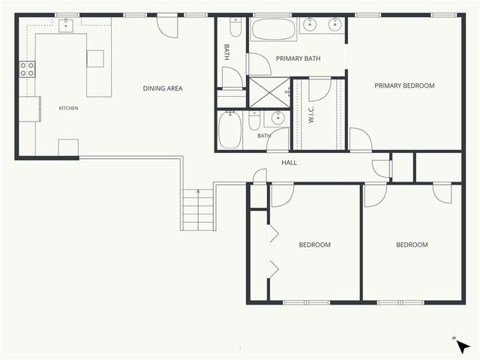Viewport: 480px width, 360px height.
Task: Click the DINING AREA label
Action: click(163, 88)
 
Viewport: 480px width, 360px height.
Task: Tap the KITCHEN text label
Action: click(68, 108)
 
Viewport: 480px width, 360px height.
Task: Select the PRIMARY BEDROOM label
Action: click(404, 85)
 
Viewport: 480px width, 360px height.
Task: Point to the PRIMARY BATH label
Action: click(298, 58)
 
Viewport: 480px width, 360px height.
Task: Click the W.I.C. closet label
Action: click(311, 115)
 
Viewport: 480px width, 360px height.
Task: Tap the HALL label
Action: click(289, 163)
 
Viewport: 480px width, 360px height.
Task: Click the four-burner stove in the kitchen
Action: click(27, 69)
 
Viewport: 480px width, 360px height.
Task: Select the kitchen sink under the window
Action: click(66, 25)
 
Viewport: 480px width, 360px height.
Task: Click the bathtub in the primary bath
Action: click(273, 30)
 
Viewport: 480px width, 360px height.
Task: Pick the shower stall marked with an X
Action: click(269, 93)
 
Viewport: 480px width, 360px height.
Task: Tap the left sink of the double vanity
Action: click(310, 25)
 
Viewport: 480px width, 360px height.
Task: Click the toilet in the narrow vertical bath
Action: click(235, 27)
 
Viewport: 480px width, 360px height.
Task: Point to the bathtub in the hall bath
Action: click(230, 130)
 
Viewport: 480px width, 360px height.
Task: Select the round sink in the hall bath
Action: click(278, 118)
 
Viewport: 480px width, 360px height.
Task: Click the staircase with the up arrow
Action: click(198, 210)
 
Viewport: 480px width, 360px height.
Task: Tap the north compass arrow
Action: click(463, 347)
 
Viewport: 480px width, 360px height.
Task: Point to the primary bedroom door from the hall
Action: click(361, 139)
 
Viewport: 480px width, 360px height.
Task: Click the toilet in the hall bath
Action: click(254, 121)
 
